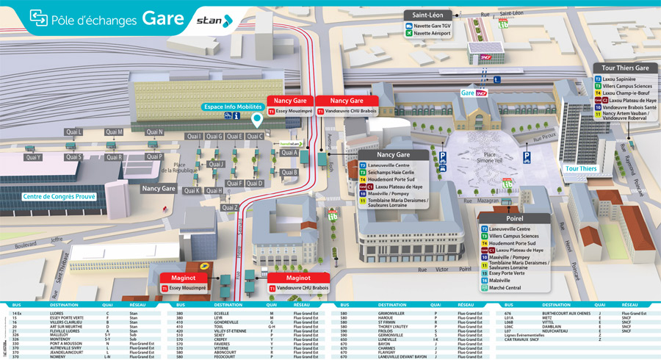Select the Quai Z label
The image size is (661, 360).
click(x=230, y=207)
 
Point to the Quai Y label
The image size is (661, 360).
click(x=33, y=157)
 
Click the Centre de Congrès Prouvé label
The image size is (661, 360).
click(x=50, y=196)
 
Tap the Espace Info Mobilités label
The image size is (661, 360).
click(x=234, y=107)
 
